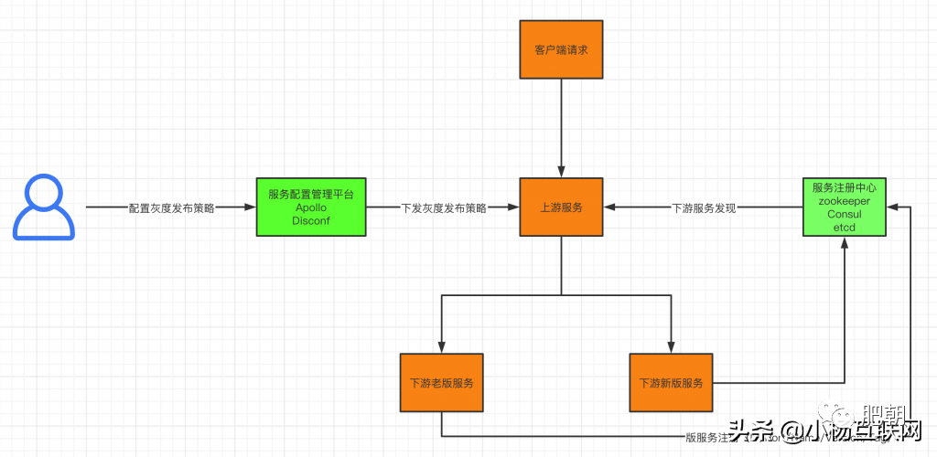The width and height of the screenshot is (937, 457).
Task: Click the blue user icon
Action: point(42,208)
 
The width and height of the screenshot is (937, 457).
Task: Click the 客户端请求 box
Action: point(561,49)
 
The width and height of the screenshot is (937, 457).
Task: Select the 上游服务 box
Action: point(561,207)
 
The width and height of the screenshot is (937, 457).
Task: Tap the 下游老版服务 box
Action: point(441,382)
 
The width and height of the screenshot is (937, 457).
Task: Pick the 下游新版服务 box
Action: point(671,382)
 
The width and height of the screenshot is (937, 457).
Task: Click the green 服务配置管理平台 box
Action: point(311,207)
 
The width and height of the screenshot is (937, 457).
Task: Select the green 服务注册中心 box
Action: point(844,207)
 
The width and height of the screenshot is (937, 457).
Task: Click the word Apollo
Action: point(311,207)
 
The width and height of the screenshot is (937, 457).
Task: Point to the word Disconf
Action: point(311,220)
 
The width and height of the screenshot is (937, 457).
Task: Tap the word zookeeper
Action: point(844,200)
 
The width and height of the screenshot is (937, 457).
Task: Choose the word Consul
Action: point(844,214)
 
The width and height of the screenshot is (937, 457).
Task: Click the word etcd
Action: point(844,227)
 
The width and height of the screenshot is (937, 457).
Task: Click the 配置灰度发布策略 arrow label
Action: point(171,208)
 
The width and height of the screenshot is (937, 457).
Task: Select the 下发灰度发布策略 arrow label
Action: point(443,208)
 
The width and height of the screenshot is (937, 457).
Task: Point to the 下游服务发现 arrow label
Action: point(704,208)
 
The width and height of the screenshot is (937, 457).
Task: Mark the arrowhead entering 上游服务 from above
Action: point(561,173)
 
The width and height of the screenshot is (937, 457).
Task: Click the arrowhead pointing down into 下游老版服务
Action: point(441,347)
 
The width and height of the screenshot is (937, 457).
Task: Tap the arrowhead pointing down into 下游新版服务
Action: point(671,347)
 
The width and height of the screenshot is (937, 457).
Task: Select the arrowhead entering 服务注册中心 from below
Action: point(844,242)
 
